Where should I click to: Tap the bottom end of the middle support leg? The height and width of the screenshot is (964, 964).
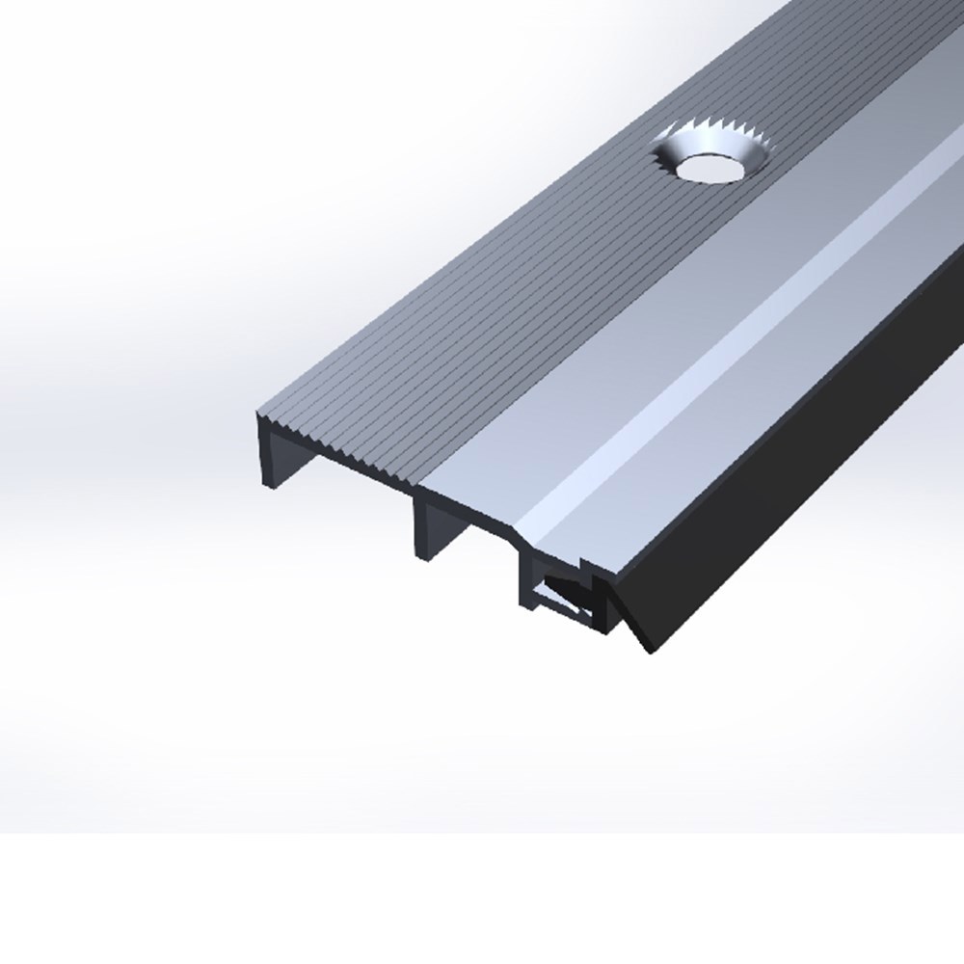tap(424, 555)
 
